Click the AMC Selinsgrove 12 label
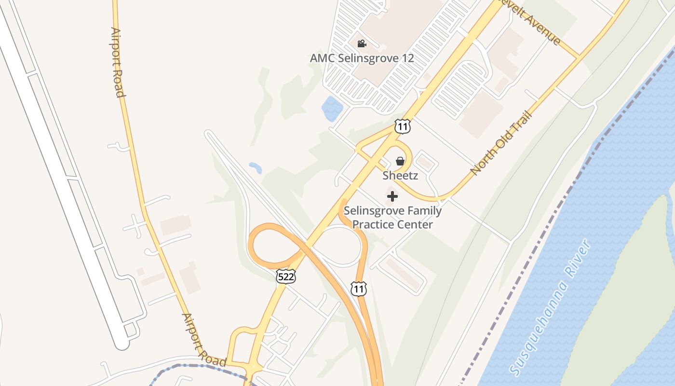362,58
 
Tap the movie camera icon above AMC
362,44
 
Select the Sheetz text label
400,176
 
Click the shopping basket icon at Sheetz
400,161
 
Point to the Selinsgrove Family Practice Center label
392,218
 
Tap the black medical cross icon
392,196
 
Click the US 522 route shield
286,276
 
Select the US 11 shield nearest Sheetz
402,126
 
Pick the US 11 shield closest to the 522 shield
359,289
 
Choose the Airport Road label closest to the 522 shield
203,340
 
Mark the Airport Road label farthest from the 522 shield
118,62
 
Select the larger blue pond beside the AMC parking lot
332,109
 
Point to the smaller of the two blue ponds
256,168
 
